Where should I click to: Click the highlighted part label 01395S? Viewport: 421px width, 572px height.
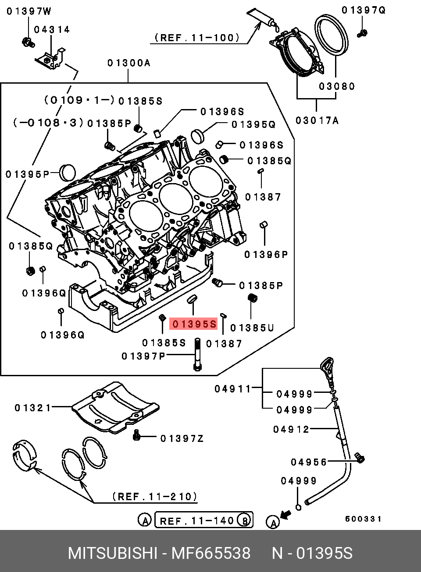(x=194, y=324)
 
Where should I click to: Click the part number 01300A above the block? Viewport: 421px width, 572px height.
(x=128, y=63)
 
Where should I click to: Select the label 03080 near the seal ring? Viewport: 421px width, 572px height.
(x=336, y=86)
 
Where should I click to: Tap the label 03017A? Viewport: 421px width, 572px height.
(x=317, y=120)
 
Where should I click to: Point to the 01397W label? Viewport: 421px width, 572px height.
(x=29, y=11)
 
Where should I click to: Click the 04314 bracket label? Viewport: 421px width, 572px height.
(x=52, y=30)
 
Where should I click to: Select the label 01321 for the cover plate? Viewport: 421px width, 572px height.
(x=33, y=408)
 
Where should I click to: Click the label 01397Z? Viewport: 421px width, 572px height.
(x=182, y=438)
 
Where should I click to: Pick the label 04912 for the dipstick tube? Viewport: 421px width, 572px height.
(x=291, y=429)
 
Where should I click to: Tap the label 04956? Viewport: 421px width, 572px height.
(x=309, y=462)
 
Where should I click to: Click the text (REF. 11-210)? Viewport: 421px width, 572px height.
(x=154, y=497)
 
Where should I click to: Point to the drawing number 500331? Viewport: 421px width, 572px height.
(x=363, y=519)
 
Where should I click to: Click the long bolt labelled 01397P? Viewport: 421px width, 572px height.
(x=197, y=355)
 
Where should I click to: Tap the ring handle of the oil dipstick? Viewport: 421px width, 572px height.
(x=326, y=365)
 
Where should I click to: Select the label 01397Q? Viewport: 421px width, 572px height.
(x=364, y=10)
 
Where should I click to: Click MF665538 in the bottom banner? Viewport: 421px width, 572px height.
(x=210, y=553)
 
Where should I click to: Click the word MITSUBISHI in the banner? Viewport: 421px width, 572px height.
(x=112, y=553)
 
